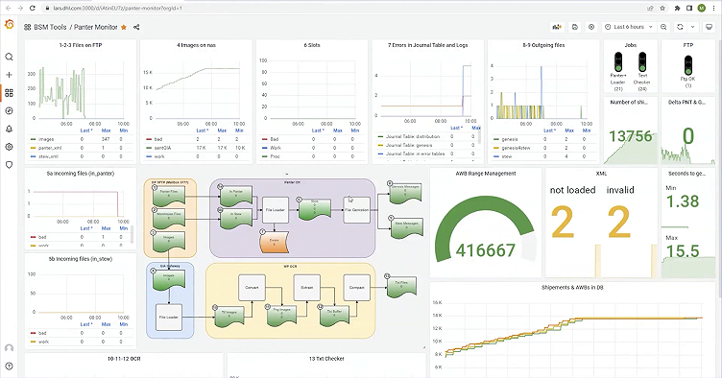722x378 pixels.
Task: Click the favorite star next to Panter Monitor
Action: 122,28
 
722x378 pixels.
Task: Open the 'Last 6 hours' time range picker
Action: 635,28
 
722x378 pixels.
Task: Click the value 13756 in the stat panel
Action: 628,137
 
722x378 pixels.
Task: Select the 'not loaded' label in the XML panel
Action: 574,190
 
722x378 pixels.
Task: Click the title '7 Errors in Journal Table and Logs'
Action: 428,45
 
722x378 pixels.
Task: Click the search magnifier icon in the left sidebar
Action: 10,57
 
